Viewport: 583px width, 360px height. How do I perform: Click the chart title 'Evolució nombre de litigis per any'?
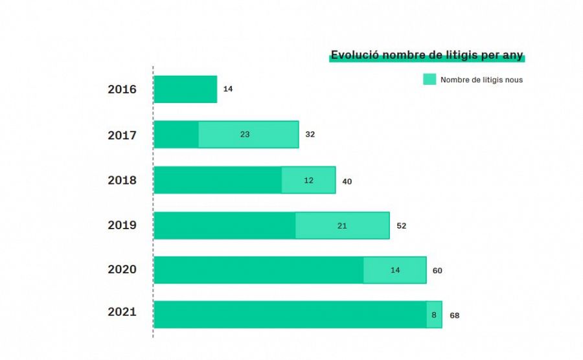click(427, 55)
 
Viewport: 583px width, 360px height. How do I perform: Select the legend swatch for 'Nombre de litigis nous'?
click(429, 80)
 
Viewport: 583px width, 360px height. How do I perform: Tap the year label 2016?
click(122, 89)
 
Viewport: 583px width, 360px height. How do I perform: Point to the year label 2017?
click(122, 135)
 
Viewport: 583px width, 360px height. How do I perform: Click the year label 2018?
click(122, 181)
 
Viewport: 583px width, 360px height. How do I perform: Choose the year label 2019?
click(122, 225)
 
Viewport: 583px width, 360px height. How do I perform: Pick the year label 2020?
click(122, 269)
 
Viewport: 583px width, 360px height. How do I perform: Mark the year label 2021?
click(122, 312)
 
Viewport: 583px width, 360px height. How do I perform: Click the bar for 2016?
click(185, 89)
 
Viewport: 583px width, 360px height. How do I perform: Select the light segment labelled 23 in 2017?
click(248, 135)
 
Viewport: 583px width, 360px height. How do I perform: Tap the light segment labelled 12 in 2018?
click(308, 181)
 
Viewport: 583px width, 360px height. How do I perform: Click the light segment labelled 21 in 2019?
click(342, 225)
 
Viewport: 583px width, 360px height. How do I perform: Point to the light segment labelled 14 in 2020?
click(394, 270)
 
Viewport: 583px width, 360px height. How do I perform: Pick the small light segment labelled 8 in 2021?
click(434, 315)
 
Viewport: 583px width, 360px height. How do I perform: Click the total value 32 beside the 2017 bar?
click(310, 135)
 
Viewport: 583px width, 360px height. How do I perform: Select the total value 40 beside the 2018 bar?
click(347, 181)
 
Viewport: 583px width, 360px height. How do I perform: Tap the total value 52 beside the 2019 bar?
click(401, 226)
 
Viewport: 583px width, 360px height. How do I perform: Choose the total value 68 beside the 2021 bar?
click(454, 315)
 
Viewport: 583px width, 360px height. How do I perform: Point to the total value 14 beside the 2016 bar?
click(228, 89)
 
